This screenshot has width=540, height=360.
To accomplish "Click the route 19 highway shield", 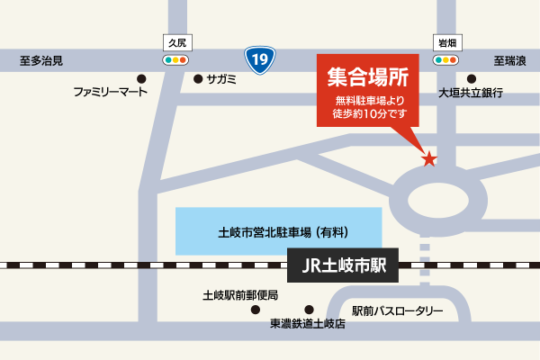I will point(259,60).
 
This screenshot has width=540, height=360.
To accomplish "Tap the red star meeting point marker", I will point(430,159).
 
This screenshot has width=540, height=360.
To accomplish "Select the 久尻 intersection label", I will point(175,42).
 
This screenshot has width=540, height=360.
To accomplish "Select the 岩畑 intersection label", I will point(445,42).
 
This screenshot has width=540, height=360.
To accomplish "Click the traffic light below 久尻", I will point(175,59).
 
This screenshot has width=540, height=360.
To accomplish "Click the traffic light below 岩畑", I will point(445,59).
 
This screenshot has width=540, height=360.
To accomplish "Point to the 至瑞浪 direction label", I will point(509,61).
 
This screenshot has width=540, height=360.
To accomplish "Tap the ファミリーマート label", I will point(112,93).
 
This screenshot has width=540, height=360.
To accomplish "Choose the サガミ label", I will point(221,79).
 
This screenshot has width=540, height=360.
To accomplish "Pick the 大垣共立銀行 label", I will point(469,93).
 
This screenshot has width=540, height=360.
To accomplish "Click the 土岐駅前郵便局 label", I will point(240,295).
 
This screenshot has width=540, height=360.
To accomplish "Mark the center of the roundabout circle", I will point(428,194).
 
